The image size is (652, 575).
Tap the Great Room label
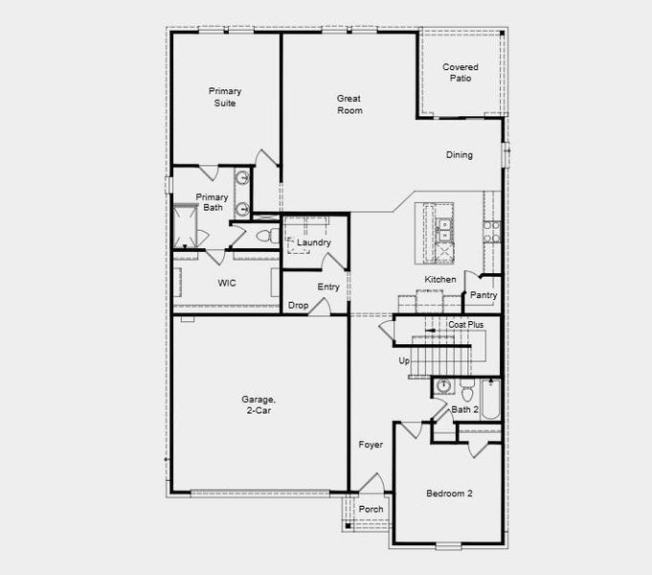tap(349, 103)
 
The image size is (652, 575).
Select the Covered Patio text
tap(461, 73)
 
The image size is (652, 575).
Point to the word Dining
tap(460, 155)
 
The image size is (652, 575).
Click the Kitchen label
tap(440, 280)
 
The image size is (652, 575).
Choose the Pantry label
tap(483, 295)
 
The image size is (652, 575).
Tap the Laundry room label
tap(313, 242)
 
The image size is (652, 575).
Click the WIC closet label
tap(227, 284)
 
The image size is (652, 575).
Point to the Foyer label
tap(371, 445)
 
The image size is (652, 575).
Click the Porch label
tap(371, 509)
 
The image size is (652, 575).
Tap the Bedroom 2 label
tap(449, 494)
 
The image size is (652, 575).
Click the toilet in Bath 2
tap(467, 392)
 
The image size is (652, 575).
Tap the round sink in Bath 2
tap(442, 387)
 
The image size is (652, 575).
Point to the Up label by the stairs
tap(404, 360)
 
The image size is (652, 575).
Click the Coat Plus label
tap(466, 325)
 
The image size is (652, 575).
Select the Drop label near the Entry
tap(298, 306)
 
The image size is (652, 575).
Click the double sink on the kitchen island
tap(442, 228)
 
